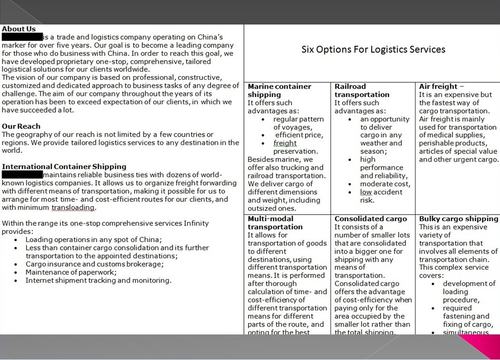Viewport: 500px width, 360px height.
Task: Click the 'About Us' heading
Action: [x=19, y=29]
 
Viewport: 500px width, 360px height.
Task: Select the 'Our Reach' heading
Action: [x=21, y=126]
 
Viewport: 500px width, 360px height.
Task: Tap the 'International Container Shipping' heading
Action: [x=64, y=167]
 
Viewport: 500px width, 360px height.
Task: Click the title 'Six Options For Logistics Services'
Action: [x=373, y=50]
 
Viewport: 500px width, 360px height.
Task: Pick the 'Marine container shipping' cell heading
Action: [x=279, y=90]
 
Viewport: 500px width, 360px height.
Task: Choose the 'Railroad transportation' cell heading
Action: [x=362, y=90]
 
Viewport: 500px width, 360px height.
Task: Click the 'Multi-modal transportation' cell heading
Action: [x=275, y=223]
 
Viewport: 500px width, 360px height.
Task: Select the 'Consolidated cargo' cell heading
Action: [x=371, y=219]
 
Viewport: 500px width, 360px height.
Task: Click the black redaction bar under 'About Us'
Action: [x=22, y=37]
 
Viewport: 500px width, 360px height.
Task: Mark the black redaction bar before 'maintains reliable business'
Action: [x=22, y=175]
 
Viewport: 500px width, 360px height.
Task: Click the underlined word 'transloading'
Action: [x=73, y=208]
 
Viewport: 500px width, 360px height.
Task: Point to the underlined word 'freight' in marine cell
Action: [x=285, y=143]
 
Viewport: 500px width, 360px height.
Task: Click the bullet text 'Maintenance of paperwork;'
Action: [x=71, y=272]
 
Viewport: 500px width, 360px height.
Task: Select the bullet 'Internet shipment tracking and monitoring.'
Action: [x=98, y=281]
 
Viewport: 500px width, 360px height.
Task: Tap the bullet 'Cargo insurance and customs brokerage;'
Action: [x=94, y=264]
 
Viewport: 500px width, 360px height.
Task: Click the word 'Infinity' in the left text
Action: [x=196, y=223]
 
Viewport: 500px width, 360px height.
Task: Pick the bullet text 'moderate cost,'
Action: [x=385, y=184]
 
